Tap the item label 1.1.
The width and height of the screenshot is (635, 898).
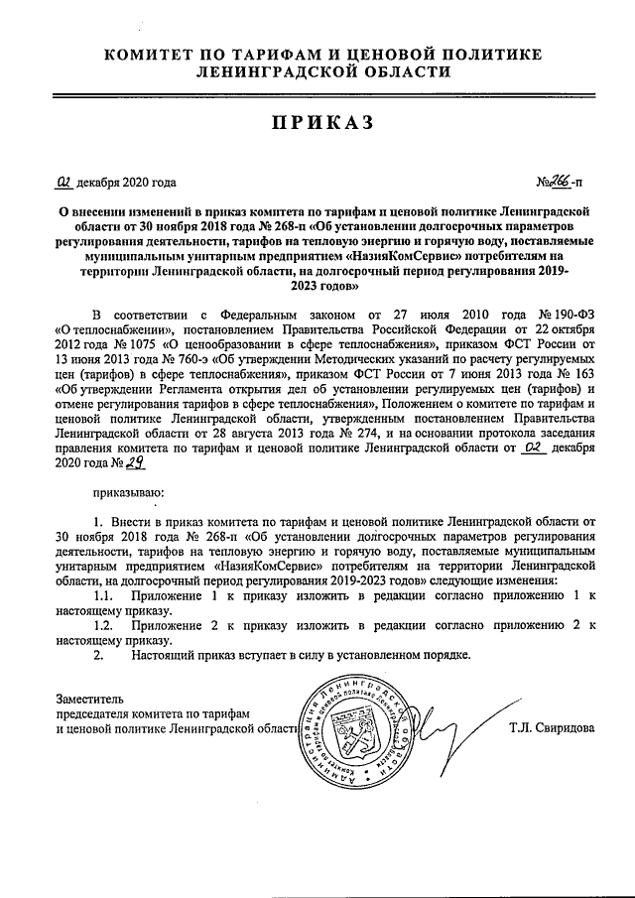(102, 595)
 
